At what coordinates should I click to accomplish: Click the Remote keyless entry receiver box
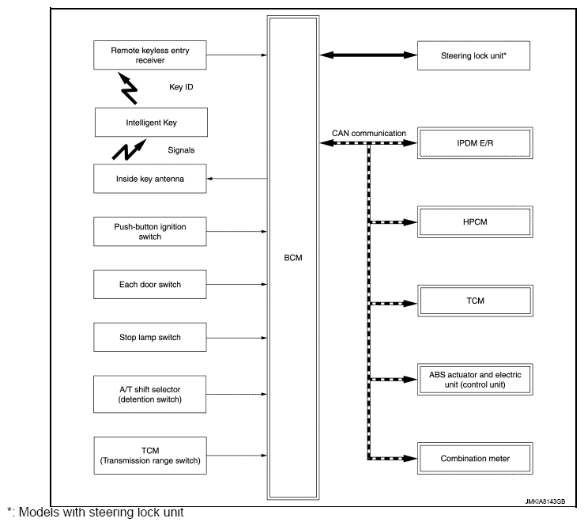click(150, 55)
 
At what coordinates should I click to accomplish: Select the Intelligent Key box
click(150, 123)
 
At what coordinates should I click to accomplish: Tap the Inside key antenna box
click(150, 179)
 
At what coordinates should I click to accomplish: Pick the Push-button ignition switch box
click(150, 230)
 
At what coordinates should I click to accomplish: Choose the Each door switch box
click(150, 283)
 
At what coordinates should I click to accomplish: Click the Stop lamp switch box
click(150, 337)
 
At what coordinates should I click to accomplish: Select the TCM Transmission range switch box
click(150, 456)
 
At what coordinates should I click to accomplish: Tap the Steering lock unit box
click(474, 55)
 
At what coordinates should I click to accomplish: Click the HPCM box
click(474, 222)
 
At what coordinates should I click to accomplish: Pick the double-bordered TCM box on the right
click(474, 301)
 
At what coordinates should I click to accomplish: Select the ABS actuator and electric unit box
click(474, 379)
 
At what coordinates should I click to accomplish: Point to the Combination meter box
click(474, 458)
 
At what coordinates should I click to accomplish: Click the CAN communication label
click(370, 133)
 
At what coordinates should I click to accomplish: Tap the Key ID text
click(182, 88)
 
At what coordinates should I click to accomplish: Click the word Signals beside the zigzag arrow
click(182, 149)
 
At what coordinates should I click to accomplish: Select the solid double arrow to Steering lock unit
click(369, 55)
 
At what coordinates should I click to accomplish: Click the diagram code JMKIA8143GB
click(544, 500)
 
